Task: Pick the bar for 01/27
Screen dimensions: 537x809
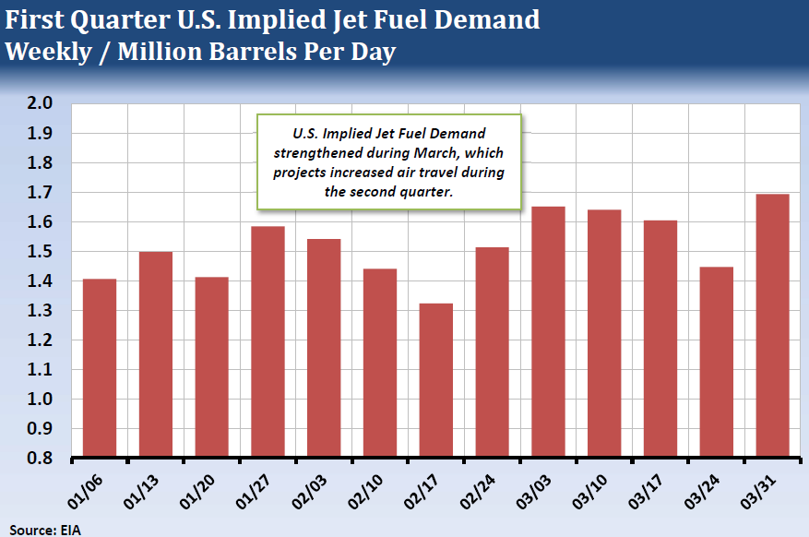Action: coord(268,340)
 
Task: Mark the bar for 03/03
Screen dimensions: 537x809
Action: coord(548,331)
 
